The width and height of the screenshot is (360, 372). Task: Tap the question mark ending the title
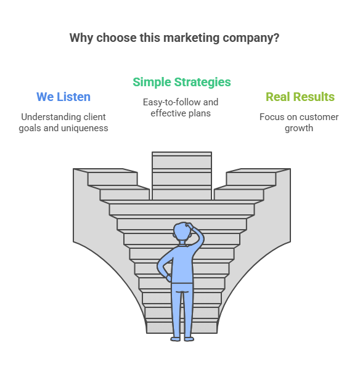(276, 38)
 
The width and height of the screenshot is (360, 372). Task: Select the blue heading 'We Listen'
(63, 97)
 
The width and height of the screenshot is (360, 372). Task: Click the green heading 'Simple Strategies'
(182, 83)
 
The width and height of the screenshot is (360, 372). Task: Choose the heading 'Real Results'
(300, 97)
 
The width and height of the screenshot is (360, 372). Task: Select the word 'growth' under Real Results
(299, 128)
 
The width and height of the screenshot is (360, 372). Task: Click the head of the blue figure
(182, 232)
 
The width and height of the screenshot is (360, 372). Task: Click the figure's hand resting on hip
(168, 278)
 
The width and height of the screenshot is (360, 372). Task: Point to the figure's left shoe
(176, 339)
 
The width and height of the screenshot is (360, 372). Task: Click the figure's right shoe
(189, 339)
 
